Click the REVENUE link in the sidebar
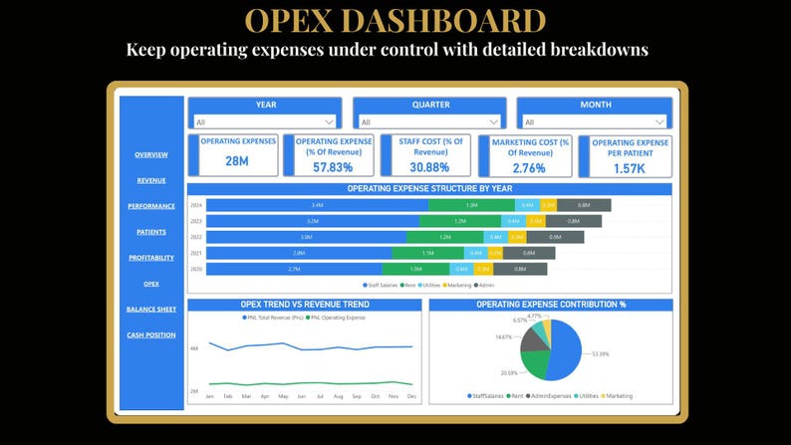coord(151,180)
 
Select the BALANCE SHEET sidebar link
coord(151,309)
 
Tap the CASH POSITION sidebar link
coord(151,334)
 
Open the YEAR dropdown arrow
coord(329,122)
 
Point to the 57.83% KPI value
coord(333,167)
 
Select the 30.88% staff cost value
coord(430,167)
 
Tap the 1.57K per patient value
coord(629,168)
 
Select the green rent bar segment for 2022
coord(444,237)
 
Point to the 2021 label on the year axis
coord(196,253)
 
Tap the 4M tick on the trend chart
coord(194,348)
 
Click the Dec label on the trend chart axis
coord(411,395)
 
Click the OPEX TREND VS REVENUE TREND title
coord(305,305)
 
